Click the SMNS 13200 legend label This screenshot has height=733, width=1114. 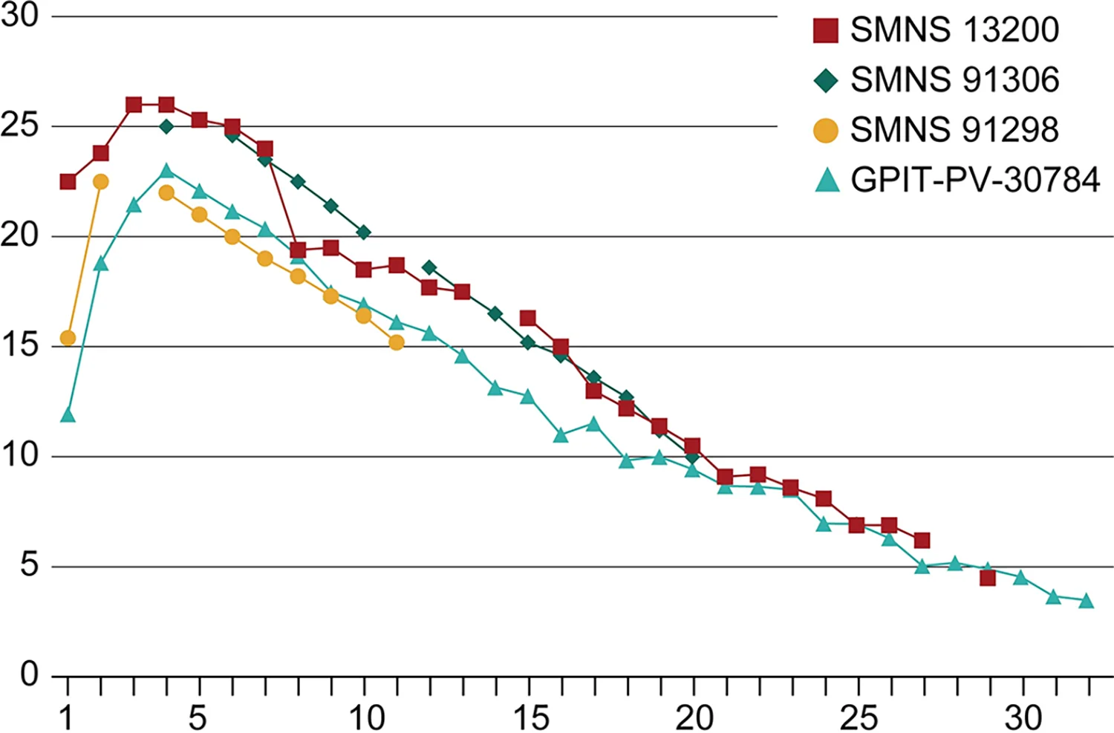[954, 30]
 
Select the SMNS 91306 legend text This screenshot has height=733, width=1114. [955, 79]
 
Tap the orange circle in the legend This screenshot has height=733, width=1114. [826, 130]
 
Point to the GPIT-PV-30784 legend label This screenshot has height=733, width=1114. [975, 180]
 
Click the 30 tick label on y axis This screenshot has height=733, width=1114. [20, 16]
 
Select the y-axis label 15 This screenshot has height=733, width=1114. [20, 345]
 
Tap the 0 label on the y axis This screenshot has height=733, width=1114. [29, 675]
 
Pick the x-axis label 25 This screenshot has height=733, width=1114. [859, 717]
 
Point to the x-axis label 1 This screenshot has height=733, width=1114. [65, 717]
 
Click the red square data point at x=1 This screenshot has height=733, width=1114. [68, 182]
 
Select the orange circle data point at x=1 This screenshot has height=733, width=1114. [68, 339]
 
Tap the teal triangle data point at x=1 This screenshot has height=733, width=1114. [68, 415]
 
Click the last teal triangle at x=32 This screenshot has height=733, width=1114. [1087, 601]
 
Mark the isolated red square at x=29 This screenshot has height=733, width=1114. [988, 579]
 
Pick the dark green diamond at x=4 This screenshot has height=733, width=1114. [166, 127]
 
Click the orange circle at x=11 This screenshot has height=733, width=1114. [397, 342]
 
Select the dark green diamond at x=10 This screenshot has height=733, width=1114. [364, 232]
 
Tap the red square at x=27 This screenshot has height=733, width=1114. [922, 541]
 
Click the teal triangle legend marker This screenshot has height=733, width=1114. [827, 180]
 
